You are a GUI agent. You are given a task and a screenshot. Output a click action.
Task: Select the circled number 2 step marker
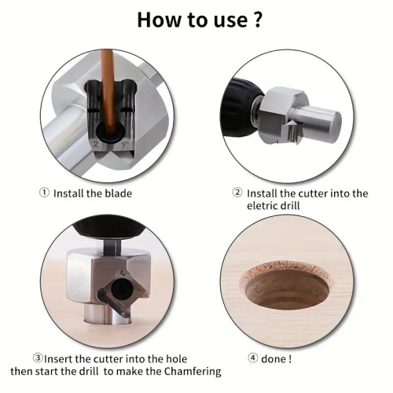[x=237, y=193]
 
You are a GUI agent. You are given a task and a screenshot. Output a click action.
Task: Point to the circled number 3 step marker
[x=37, y=358]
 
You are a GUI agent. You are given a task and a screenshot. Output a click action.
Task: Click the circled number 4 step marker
[x=254, y=358]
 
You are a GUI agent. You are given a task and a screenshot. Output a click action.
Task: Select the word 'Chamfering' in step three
[x=194, y=371]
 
